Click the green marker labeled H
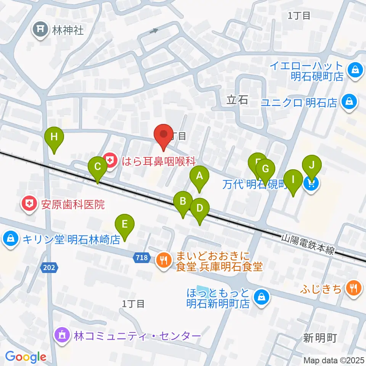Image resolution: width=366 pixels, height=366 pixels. pos(54,137)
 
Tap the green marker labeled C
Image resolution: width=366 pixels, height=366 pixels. pos(97,167)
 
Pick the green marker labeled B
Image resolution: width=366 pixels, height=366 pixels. pos(183,201)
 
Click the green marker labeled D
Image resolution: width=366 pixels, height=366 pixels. pos(200,209)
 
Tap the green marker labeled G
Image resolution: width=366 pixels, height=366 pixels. pos(266,169)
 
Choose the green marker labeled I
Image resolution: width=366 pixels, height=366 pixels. pos(293,179)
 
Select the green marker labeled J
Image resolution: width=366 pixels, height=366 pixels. pos(312,165)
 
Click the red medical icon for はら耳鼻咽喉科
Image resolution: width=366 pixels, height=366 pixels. pos(110,161)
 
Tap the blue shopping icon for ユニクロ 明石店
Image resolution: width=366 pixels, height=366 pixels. pos(348,102)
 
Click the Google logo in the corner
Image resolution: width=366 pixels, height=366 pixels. pos(26,357)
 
